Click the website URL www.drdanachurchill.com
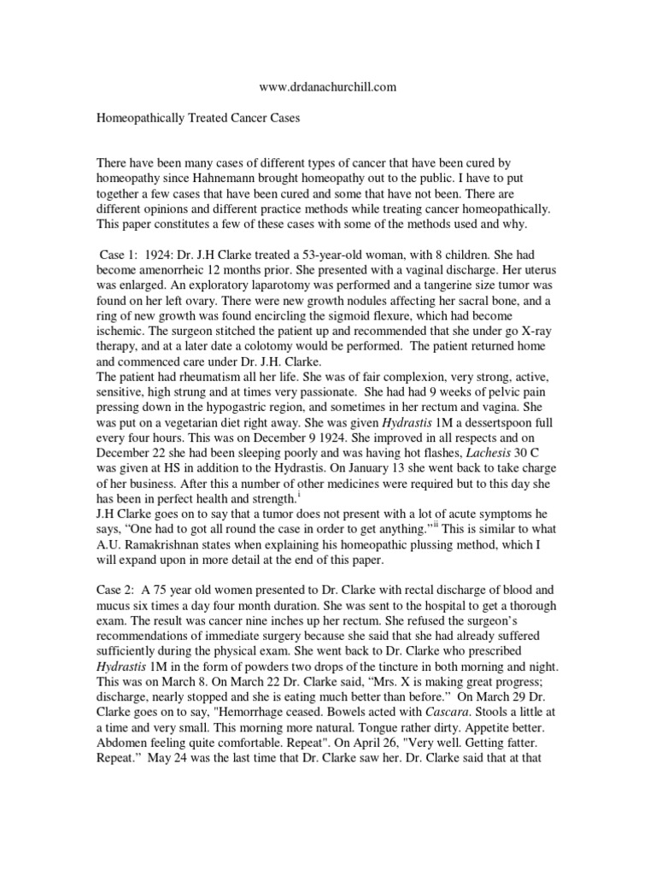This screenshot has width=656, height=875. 327,87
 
